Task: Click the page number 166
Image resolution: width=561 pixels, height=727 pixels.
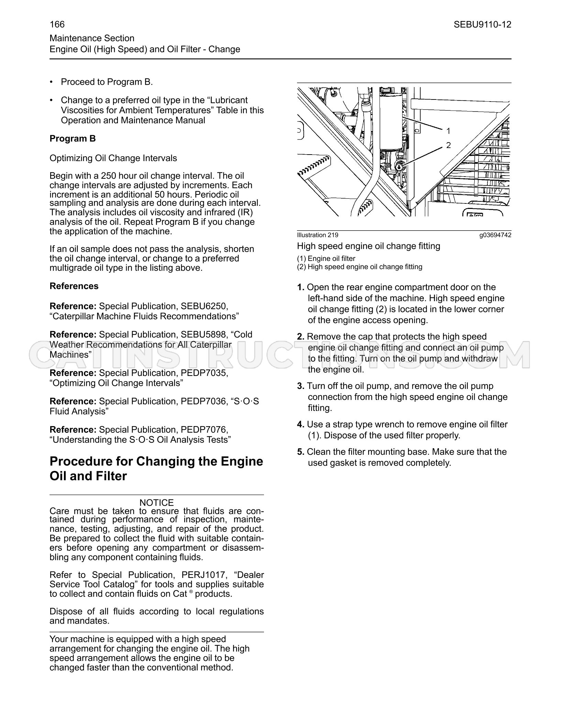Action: pos(57,24)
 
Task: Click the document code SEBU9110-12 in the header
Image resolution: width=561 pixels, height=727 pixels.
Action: pos(482,24)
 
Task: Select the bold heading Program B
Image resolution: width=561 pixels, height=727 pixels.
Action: pos(73,139)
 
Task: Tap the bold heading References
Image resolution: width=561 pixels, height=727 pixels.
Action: pos(74,286)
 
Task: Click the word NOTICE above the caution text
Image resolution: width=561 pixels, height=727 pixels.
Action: pos(157,503)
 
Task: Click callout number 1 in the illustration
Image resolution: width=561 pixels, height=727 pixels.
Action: pos(448,131)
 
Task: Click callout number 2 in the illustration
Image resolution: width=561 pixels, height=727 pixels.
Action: pos(448,146)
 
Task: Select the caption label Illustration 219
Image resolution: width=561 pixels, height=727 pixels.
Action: pos(318,235)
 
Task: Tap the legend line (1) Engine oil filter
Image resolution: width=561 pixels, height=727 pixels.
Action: pos(326,259)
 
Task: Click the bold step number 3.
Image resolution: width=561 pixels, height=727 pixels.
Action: pos(301,386)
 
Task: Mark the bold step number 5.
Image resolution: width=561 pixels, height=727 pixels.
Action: pos(301,452)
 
